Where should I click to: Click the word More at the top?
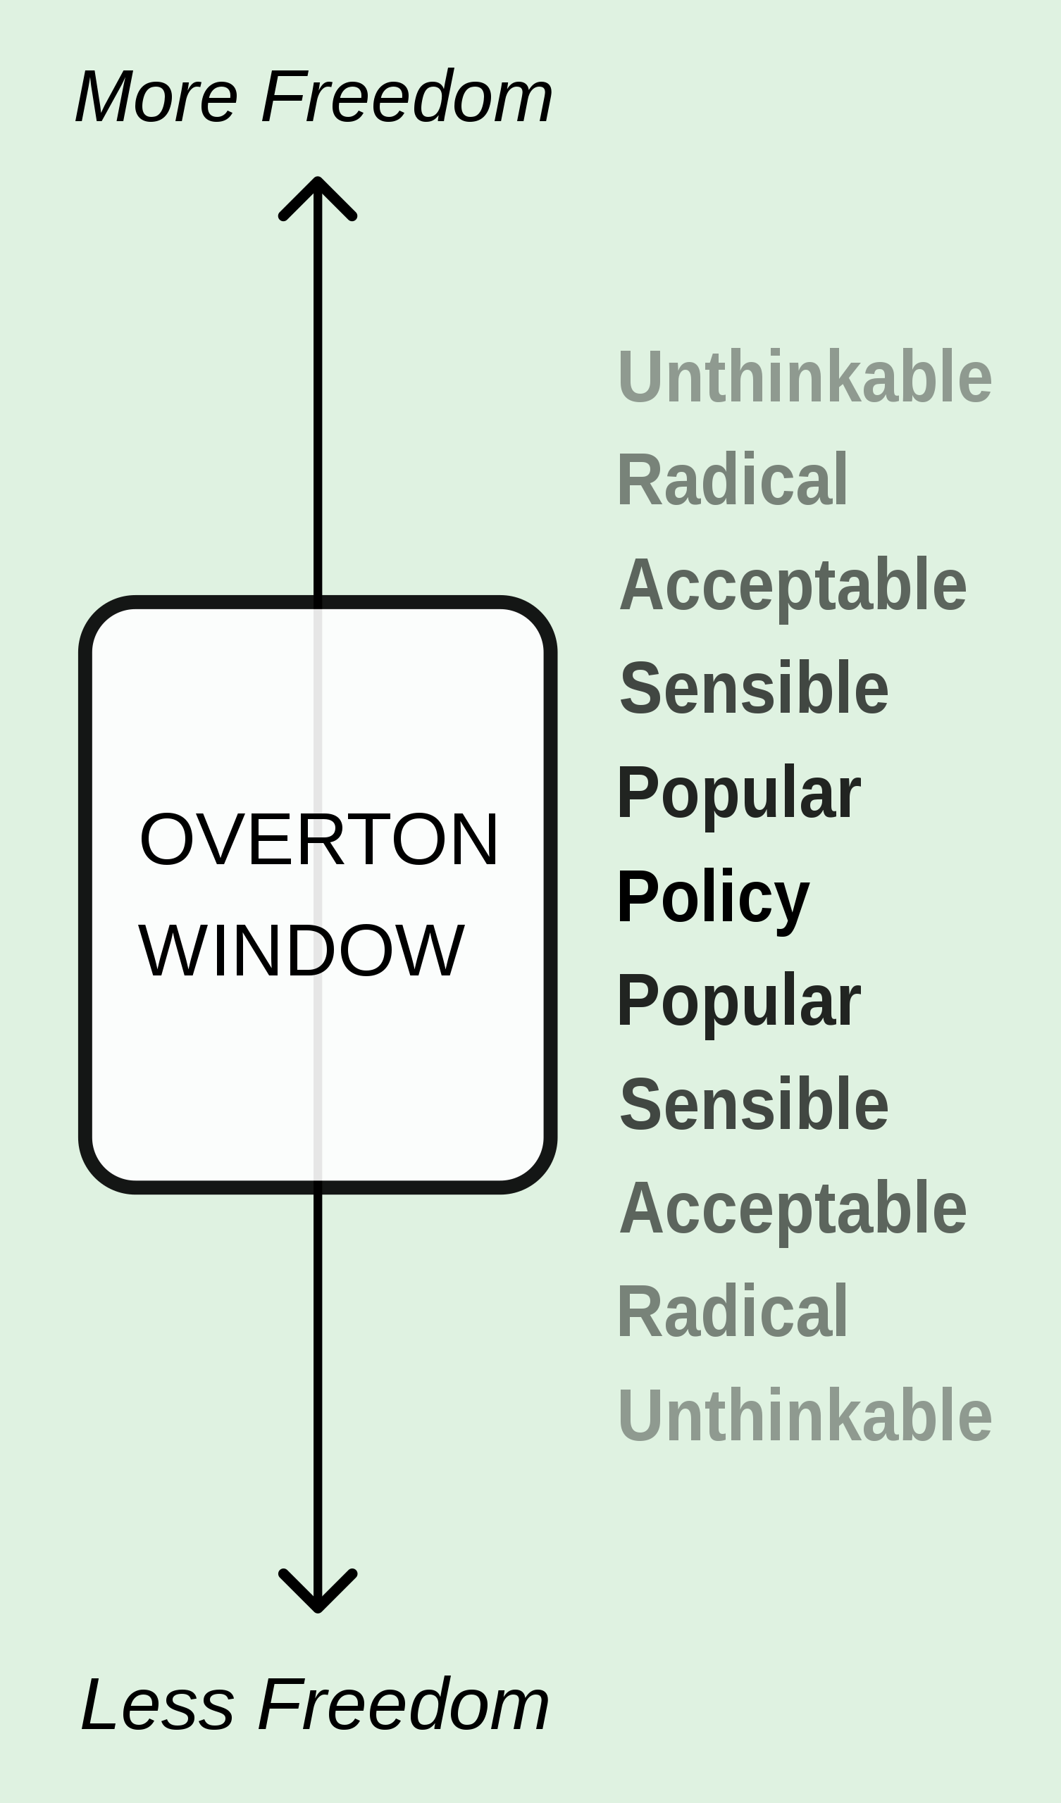pyautogui.click(x=156, y=96)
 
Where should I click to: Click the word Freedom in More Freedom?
pyautogui.click(x=407, y=96)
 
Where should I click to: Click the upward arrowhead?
pyautogui.click(x=317, y=198)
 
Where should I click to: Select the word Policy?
pyautogui.click(x=713, y=899)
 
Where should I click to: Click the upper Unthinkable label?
pyautogui.click(x=805, y=376)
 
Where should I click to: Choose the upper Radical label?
pyautogui.click(x=733, y=480)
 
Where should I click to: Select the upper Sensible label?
pyautogui.click(x=754, y=687)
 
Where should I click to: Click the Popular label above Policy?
pyautogui.click(x=739, y=796)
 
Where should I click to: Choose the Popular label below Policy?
pyautogui.click(x=739, y=1003)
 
